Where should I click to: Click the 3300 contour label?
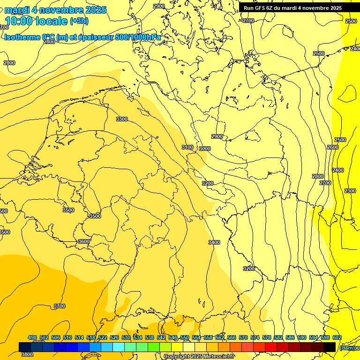tap(122, 119)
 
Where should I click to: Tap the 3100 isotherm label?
tap(187, 147)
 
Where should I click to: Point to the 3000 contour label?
tap(205, 149)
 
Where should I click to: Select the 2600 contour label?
tap(333, 147)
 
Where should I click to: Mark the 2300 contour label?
tap(350, 191)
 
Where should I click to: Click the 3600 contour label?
tap(84, 241)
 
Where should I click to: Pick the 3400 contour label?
tap(214, 242)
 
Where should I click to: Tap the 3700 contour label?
tap(60, 306)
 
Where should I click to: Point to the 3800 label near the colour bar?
tap(27, 354)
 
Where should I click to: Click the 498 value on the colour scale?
tap(32, 337)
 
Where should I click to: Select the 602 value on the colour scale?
tap(337, 337)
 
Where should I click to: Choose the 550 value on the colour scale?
tap(185, 337)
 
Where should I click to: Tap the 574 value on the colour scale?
tap(255, 337)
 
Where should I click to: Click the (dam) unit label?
tap(347, 348)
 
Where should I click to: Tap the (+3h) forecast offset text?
tap(79, 21)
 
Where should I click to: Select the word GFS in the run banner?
tap(260, 8)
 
